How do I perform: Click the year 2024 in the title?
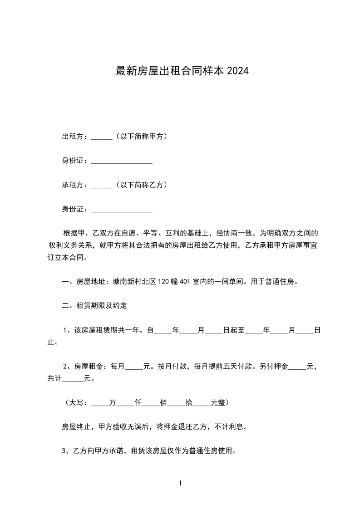point(237,71)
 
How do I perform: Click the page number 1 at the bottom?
point(180,483)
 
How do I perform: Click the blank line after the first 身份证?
point(122,162)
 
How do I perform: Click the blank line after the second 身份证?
point(122,210)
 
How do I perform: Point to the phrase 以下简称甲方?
point(141,136)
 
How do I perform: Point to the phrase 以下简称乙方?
point(141,185)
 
